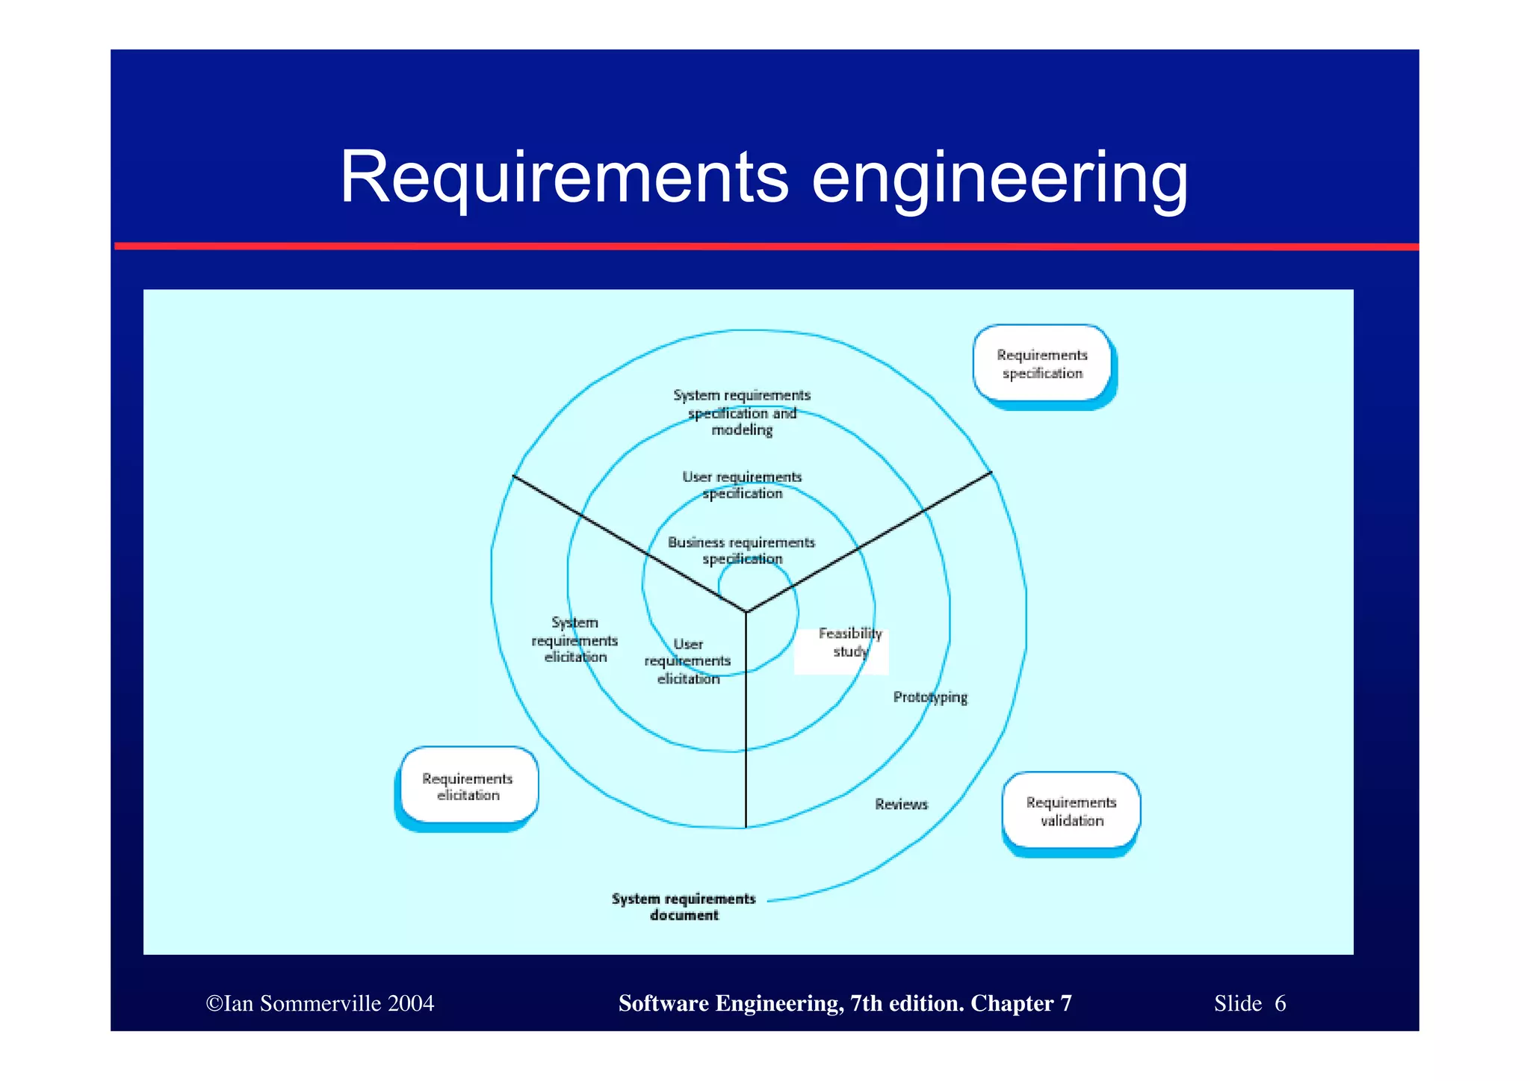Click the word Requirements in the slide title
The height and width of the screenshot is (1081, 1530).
(x=564, y=178)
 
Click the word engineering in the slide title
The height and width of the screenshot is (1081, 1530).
(x=999, y=179)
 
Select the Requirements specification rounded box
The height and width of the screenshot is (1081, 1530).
(x=1042, y=365)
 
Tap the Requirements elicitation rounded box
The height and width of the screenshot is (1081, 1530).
(x=468, y=787)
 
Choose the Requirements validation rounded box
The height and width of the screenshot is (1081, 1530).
(x=1071, y=811)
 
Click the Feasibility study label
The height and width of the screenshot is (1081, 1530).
(x=849, y=642)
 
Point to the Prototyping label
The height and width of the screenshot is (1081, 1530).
(x=930, y=697)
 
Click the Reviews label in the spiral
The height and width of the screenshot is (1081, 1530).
(x=901, y=805)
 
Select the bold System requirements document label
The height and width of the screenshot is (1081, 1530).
(x=684, y=907)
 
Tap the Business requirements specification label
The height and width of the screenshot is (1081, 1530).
(x=741, y=551)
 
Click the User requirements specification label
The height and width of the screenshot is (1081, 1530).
(x=742, y=485)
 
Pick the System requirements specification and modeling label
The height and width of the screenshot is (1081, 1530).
(x=741, y=412)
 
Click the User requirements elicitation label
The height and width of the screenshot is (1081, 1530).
(x=688, y=662)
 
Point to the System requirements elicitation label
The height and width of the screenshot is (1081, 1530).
(x=574, y=640)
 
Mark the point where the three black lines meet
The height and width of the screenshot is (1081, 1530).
(x=746, y=613)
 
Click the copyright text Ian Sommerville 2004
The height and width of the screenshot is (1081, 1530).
(x=320, y=1003)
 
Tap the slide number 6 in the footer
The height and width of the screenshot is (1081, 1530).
(x=1280, y=1003)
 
